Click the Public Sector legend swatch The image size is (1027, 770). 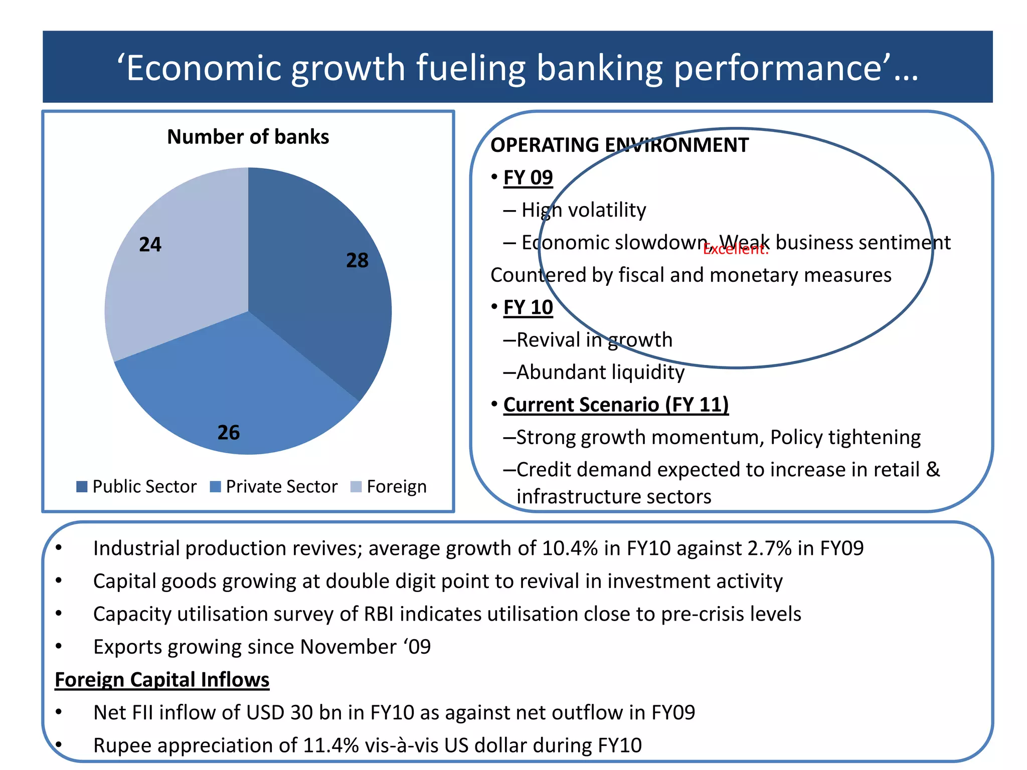coord(82,487)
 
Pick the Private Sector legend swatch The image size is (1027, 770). coord(215,487)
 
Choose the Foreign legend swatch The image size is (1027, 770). coord(356,487)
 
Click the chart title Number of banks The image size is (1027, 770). coord(248,137)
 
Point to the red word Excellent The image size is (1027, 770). coord(735,249)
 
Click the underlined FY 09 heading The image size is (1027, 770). coord(528,177)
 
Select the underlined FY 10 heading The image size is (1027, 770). coord(528,307)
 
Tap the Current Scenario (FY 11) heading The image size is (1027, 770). coord(616,405)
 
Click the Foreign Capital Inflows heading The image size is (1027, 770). coord(162,680)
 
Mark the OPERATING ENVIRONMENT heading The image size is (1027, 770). coord(619,145)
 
